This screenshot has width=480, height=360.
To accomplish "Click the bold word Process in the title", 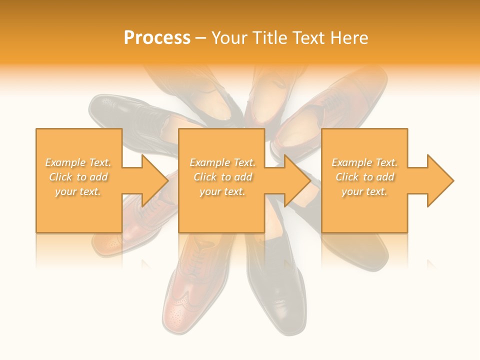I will coord(157,38).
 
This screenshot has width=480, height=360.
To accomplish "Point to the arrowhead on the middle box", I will coord(296,180).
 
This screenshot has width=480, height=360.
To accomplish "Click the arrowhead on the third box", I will coord(439,180).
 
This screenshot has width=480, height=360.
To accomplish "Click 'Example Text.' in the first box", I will coord(78,162).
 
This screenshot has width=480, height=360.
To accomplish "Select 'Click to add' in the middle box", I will coord(222,177).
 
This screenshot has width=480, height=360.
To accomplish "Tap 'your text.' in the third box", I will coord(364,191).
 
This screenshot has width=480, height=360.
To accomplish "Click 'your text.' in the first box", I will coord(78,191).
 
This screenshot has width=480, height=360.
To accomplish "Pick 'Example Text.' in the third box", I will coord(364,162).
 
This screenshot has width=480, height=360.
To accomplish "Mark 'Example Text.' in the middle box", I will coord(222,162).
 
